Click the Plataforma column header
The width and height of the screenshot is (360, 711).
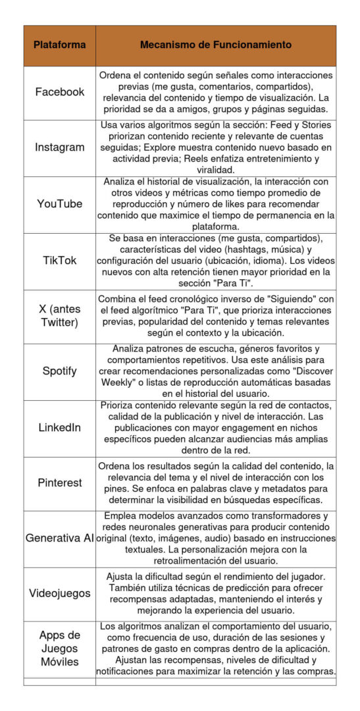point(60,45)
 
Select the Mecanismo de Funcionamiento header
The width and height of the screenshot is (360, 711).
point(216,45)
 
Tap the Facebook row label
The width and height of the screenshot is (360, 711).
point(60,92)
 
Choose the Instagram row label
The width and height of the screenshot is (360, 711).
point(60,147)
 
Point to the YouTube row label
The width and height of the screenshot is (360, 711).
point(60,203)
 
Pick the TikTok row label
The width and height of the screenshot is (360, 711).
point(60,260)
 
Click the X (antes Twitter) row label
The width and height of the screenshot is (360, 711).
point(60,317)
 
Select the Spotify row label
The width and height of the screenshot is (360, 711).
point(60,371)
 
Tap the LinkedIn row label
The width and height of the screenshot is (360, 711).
point(60,427)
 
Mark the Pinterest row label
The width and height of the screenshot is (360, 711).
point(60,483)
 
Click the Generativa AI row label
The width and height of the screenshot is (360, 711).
point(60,538)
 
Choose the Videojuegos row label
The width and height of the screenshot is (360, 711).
point(60,593)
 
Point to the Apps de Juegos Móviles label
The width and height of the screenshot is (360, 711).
point(60,648)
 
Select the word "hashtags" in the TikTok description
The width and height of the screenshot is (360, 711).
point(254,250)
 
